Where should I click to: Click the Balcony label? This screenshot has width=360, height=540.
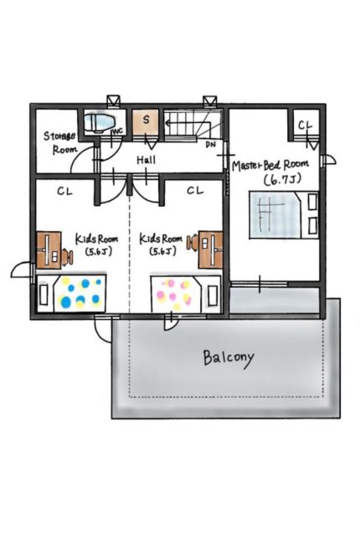click(x=229, y=359)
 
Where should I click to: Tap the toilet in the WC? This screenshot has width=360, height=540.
click(x=100, y=122)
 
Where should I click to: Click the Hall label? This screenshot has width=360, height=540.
click(x=146, y=160)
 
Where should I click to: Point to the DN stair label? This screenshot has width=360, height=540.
click(x=210, y=144)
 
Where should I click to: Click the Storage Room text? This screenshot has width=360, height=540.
click(x=60, y=142)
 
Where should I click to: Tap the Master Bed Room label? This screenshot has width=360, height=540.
click(x=270, y=165)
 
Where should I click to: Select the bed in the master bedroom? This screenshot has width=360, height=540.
click(x=284, y=215)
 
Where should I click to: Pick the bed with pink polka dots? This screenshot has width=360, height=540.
click(x=186, y=293)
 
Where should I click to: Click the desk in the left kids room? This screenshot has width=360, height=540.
click(x=49, y=250)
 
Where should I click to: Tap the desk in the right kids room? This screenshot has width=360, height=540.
click(x=210, y=249)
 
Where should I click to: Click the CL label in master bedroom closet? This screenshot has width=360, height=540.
click(x=306, y=126)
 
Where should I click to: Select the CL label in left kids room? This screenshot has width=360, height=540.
click(x=65, y=191)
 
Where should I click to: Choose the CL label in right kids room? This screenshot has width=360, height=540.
click(x=195, y=190)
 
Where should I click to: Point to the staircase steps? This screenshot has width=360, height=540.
click(x=192, y=124)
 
